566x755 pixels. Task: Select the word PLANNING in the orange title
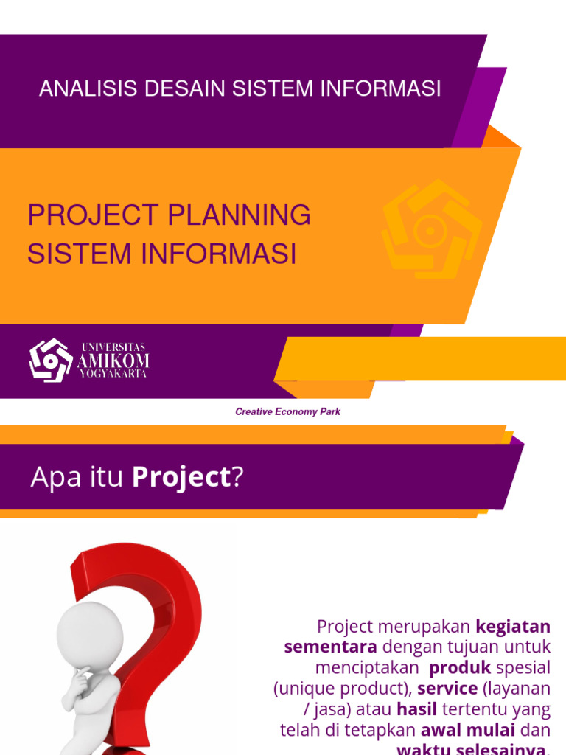pos(240,216)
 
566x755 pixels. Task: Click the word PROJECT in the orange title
pos(93,216)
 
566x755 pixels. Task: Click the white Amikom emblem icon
pos(51,361)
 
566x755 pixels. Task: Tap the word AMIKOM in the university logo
pos(113,361)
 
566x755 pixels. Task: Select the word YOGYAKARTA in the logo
pos(113,374)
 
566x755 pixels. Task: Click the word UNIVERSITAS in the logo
pos(113,347)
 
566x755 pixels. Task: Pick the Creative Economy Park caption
pos(287,412)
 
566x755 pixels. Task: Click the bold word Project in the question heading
pos(181,478)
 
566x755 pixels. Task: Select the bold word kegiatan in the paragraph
pos(513,627)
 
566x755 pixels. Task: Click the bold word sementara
pos(330,647)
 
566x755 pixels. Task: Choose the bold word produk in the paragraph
pos(460,668)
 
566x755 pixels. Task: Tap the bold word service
pos(447,689)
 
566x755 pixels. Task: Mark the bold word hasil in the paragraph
pos(416,709)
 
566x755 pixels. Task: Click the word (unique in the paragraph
pos(300,689)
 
